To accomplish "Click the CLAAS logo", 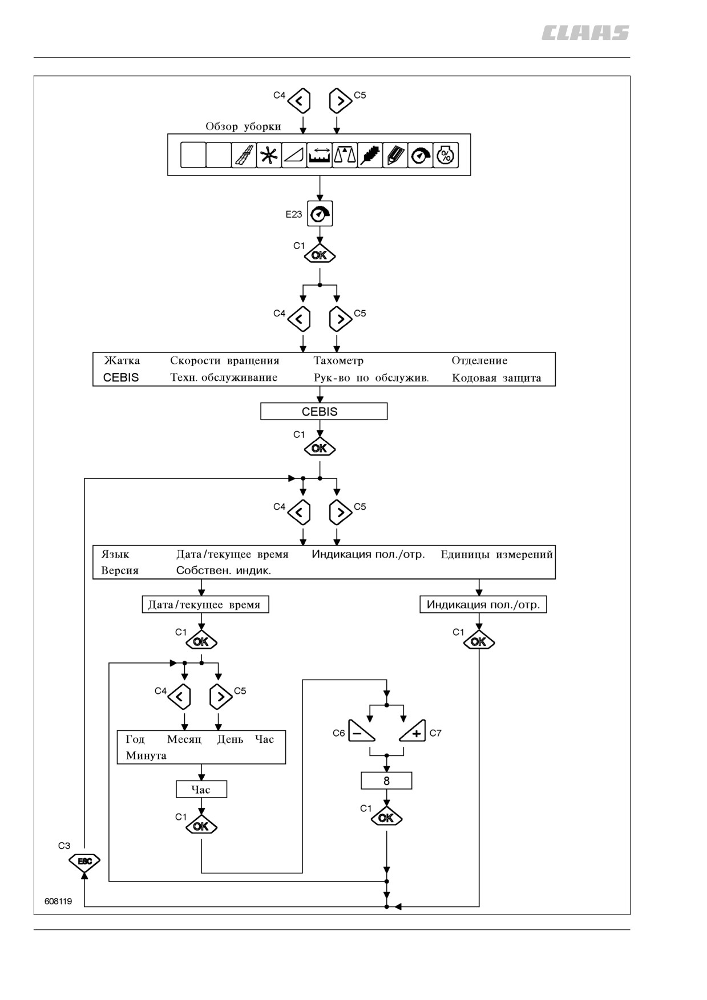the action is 585,33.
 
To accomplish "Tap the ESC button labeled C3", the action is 84,861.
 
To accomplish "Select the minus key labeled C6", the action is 361,730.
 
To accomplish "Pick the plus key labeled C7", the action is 413,730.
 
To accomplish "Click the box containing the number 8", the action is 386,781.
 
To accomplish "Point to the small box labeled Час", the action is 201,789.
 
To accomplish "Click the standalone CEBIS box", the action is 324,411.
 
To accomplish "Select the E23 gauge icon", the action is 320,214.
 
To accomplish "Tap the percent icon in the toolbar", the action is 446,155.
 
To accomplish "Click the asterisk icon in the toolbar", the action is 269,155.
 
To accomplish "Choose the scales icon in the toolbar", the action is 345,155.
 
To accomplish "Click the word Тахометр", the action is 338,360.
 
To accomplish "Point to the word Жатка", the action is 122,360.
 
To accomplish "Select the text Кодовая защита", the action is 496,378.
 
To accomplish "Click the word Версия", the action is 120,571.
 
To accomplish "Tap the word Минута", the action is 146,756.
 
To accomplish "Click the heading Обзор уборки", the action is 243,127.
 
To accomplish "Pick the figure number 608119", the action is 58,901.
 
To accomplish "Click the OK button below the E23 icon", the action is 320,255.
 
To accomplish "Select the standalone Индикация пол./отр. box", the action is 483,604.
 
